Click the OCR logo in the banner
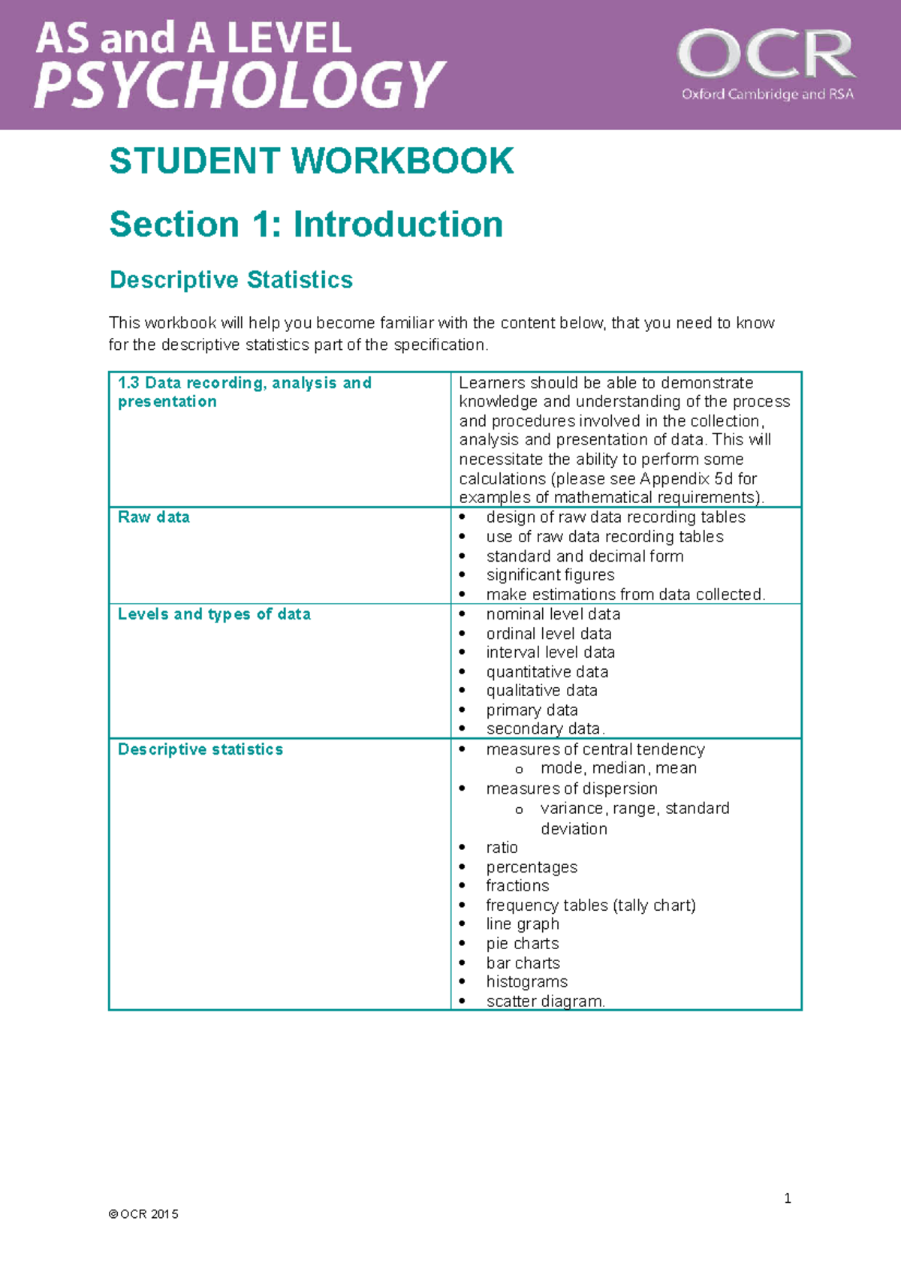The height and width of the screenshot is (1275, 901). [766, 54]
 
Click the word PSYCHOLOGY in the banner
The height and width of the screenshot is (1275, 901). [240, 84]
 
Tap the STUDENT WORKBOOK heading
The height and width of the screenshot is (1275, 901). [312, 161]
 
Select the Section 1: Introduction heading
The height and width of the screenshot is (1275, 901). [306, 225]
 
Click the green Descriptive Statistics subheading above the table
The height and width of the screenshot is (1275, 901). [231, 280]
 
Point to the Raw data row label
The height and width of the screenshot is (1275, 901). [154, 517]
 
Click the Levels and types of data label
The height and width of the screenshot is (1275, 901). [214, 614]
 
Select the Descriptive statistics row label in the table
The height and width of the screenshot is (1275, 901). [200, 749]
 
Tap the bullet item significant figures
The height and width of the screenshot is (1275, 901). [550, 575]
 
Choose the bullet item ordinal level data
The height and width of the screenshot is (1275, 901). [549, 634]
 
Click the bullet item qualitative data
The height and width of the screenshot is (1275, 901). [542, 691]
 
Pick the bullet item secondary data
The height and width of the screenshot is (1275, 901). [545, 729]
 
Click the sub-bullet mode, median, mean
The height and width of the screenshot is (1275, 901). [619, 768]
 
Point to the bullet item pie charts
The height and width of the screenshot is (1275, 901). [523, 944]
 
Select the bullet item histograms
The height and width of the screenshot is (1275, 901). [527, 982]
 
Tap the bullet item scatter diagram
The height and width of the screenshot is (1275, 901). [545, 1002]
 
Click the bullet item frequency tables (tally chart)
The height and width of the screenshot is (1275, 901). [591, 906]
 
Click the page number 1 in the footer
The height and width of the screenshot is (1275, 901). [788, 1198]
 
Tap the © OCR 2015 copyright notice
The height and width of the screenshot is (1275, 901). [143, 1214]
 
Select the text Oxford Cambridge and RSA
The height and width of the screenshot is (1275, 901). [767, 95]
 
